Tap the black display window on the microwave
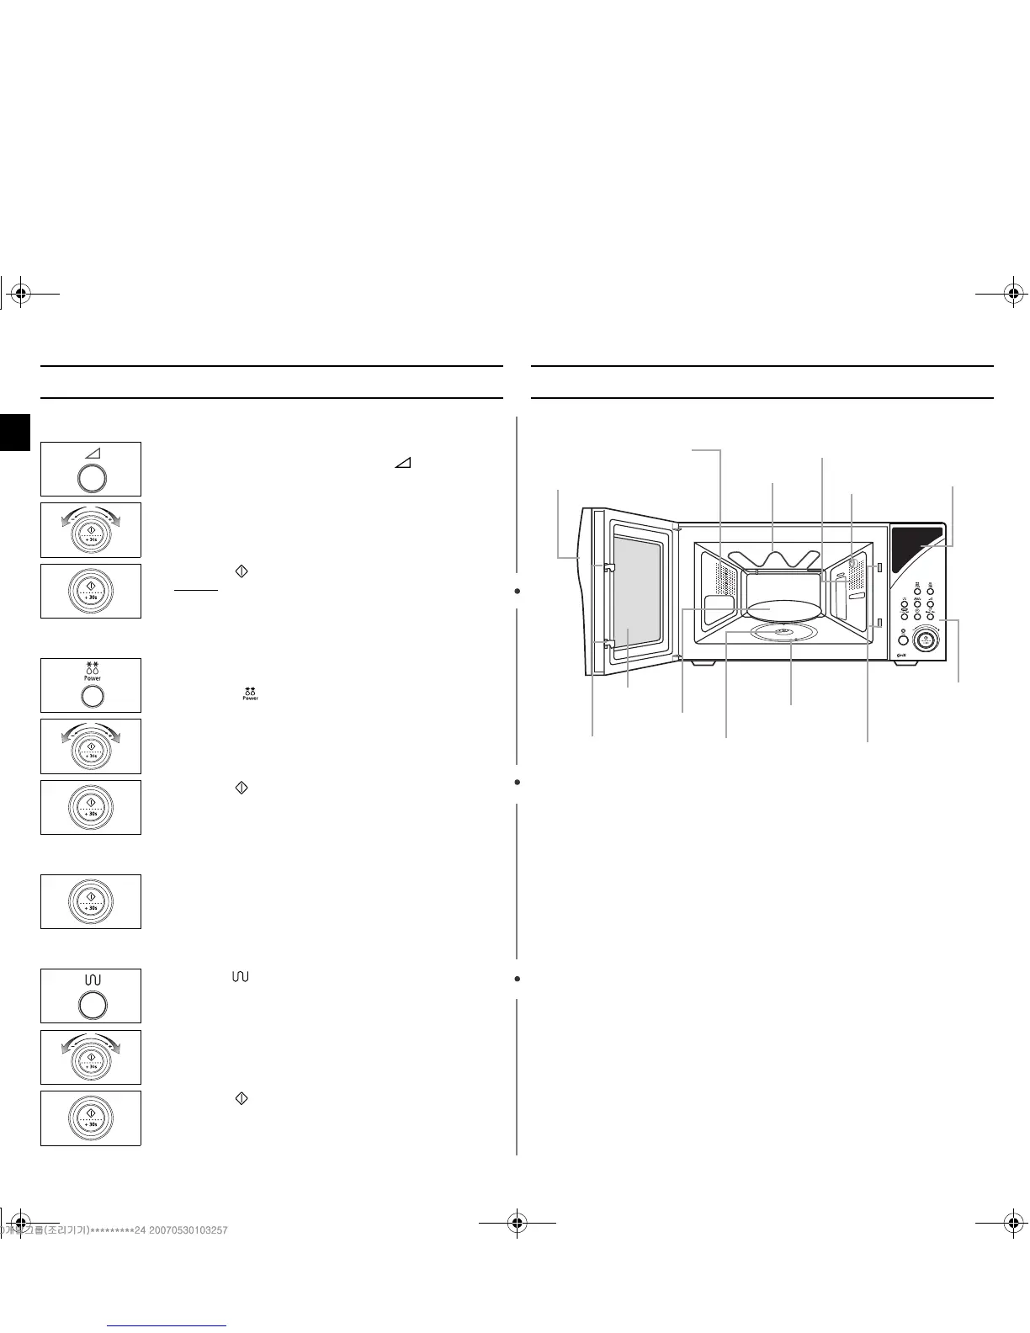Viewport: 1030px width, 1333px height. (x=916, y=548)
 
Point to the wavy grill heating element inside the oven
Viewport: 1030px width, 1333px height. (x=774, y=558)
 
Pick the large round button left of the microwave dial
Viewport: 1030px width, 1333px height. (x=903, y=640)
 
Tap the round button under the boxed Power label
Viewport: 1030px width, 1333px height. (x=92, y=695)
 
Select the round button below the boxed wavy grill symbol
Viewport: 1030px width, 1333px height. (x=92, y=1005)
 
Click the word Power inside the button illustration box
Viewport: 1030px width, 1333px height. (x=92, y=677)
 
